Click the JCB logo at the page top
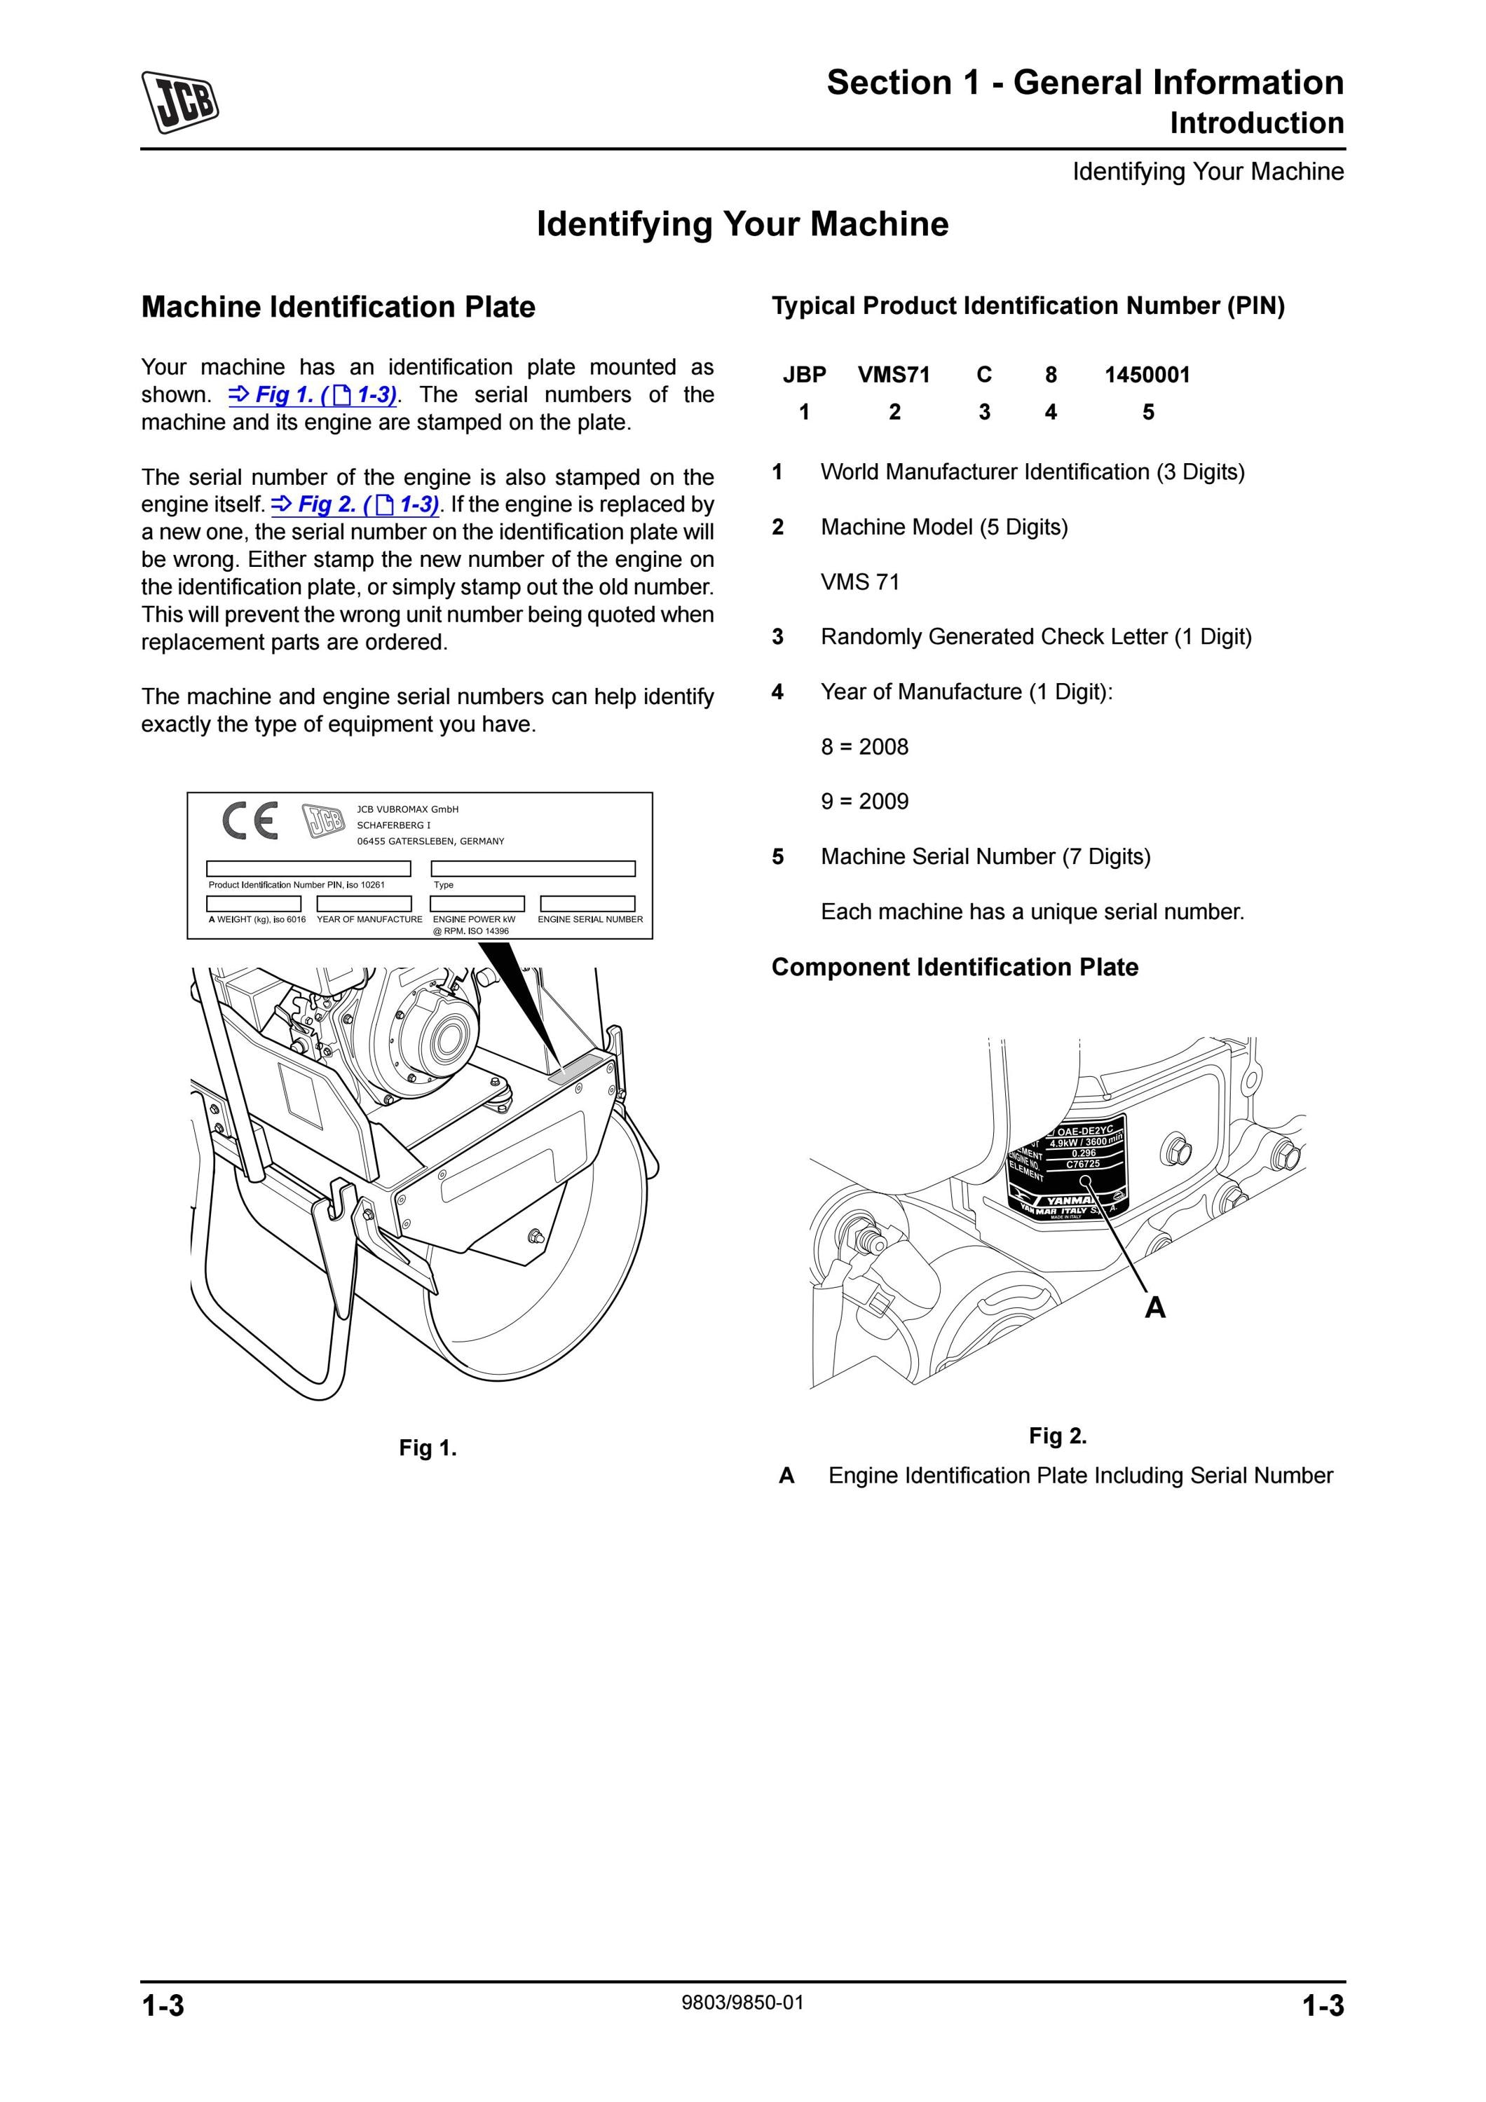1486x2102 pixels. pyautogui.click(x=179, y=102)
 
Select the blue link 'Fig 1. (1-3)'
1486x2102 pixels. pyautogui.click(x=312, y=394)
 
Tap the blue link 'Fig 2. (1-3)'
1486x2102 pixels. pyautogui.click(x=355, y=504)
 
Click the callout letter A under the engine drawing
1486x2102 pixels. pyautogui.click(x=1155, y=1307)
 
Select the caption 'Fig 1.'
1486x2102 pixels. pyautogui.click(x=428, y=1448)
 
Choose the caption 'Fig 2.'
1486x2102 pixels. pyautogui.click(x=1058, y=1436)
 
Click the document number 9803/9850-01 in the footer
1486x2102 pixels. pyautogui.click(x=742, y=2003)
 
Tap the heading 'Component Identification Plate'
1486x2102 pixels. pyautogui.click(x=955, y=968)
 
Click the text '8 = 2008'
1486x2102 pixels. pyautogui.click(x=864, y=747)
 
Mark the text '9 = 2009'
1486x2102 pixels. pyautogui.click(x=864, y=802)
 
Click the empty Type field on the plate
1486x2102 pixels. pyautogui.click(x=533, y=869)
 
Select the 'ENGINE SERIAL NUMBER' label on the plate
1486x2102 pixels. pyautogui.click(x=591, y=919)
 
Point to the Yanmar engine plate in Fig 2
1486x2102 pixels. pyautogui.click(x=1067, y=1169)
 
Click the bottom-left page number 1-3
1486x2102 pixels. pyautogui.click(x=163, y=2005)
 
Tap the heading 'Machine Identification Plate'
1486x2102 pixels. pyautogui.click(x=338, y=307)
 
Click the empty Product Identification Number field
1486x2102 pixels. pyautogui.click(x=308, y=869)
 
